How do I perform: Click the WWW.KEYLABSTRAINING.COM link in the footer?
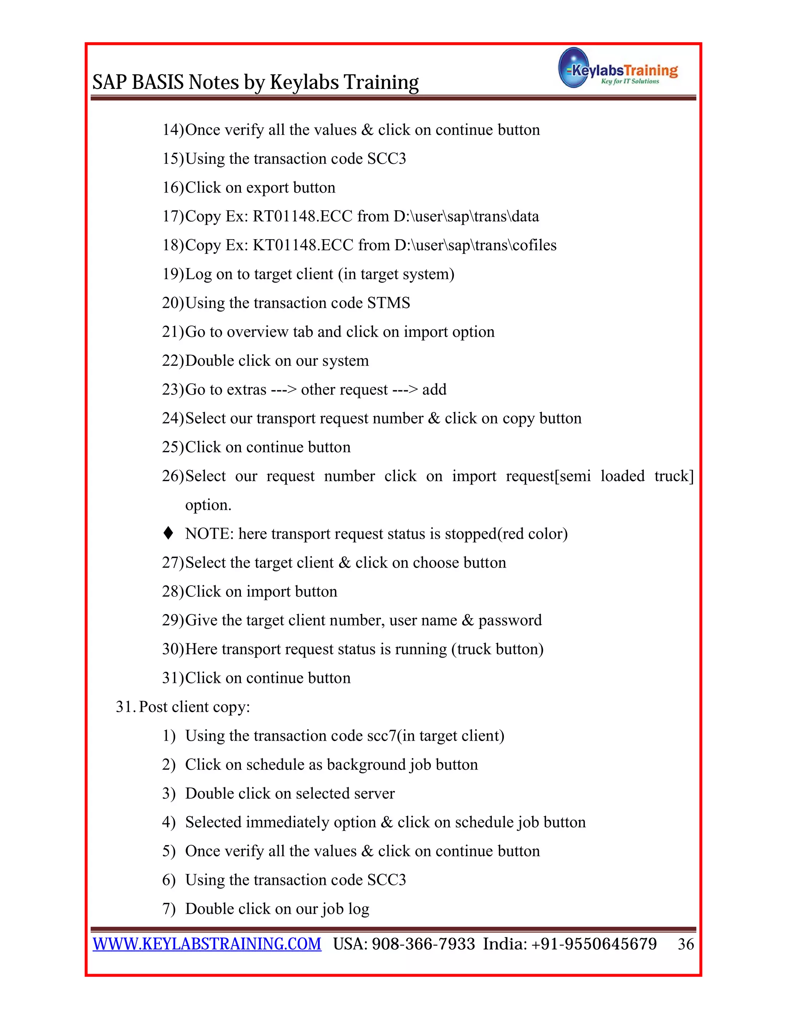207,944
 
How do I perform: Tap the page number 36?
686,944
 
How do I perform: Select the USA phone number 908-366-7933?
423,944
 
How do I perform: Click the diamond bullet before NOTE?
168,533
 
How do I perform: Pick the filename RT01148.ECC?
302,216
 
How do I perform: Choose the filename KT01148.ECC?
302,245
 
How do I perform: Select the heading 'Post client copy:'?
194,707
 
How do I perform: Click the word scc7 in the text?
382,736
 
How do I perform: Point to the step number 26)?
173,476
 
